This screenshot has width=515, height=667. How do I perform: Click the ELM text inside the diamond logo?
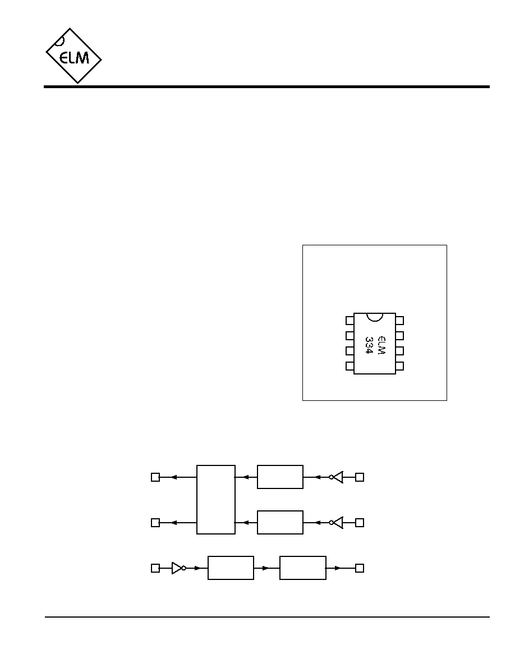(75, 57)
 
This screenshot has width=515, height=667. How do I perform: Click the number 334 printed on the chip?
(369, 347)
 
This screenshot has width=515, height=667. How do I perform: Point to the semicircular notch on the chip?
(375, 317)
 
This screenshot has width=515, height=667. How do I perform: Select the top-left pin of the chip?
(350, 321)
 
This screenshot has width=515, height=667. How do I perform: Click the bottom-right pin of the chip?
(399, 366)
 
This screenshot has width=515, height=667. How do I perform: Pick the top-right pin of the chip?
(399, 321)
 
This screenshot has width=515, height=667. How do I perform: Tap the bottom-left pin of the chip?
(350, 366)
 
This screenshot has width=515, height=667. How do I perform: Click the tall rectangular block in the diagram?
(216, 499)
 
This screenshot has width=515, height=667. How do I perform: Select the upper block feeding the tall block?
(280, 477)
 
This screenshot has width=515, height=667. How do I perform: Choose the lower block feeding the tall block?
(280, 522)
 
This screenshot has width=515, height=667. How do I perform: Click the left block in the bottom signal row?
(231, 568)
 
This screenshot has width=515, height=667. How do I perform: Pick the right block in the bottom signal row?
(303, 568)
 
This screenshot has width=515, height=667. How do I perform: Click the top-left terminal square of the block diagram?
(155, 477)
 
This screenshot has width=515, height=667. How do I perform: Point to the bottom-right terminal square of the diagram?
(360, 568)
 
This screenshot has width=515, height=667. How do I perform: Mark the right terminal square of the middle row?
(360, 522)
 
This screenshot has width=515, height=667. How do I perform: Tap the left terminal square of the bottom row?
(155, 568)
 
